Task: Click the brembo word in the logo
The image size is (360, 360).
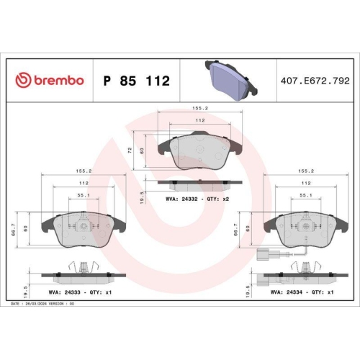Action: (x=58, y=81)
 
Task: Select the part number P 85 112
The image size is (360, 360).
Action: (x=137, y=81)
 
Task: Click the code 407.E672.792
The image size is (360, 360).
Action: (x=318, y=81)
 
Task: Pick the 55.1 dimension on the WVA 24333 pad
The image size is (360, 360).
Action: (x=83, y=195)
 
